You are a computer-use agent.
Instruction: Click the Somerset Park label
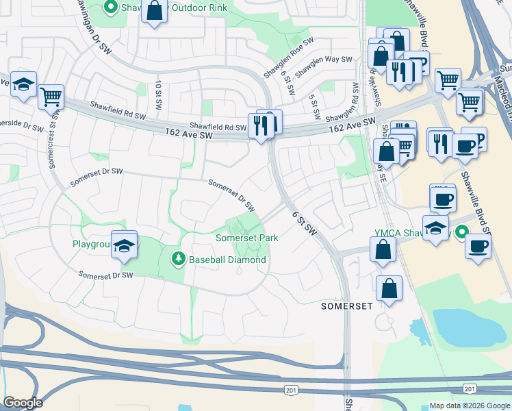(247, 238)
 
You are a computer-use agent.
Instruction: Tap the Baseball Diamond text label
(227, 260)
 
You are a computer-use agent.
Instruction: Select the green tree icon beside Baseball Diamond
(178, 258)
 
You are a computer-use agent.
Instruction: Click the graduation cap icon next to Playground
(124, 245)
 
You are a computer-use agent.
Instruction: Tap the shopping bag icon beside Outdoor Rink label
(155, 11)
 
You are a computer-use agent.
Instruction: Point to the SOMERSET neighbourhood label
(347, 306)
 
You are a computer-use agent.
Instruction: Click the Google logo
(23, 403)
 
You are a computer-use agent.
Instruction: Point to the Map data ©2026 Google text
(470, 406)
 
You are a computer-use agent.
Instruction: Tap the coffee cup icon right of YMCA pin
(477, 246)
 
